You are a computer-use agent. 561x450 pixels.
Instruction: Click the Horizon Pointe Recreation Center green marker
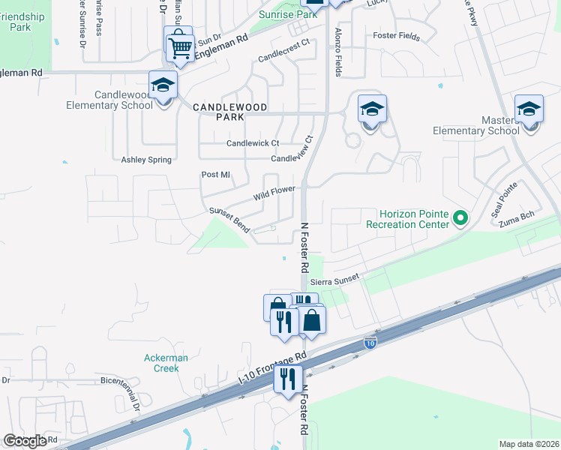click(460, 219)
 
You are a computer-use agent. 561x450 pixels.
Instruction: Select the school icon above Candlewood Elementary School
click(162, 85)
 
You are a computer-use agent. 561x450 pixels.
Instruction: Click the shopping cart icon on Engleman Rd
click(180, 49)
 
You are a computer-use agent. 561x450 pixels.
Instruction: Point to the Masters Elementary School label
click(476, 125)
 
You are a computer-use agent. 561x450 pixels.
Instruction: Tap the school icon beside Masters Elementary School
click(529, 109)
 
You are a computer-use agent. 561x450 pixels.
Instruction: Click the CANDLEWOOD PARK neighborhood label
click(229, 108)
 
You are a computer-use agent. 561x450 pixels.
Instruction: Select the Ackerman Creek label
click(162, 363)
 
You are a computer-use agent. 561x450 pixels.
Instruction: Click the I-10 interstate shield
click(370, 342)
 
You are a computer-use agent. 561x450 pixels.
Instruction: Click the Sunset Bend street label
click(229, 220)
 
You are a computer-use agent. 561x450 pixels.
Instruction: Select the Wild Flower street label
click(274, 194)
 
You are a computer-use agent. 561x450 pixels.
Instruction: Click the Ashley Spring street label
click(146, 160)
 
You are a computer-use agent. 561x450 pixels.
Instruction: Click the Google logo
click(25, 441)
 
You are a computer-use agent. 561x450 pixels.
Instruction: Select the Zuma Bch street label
click(517, 217)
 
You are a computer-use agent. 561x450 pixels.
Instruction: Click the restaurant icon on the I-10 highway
click(287, 378)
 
